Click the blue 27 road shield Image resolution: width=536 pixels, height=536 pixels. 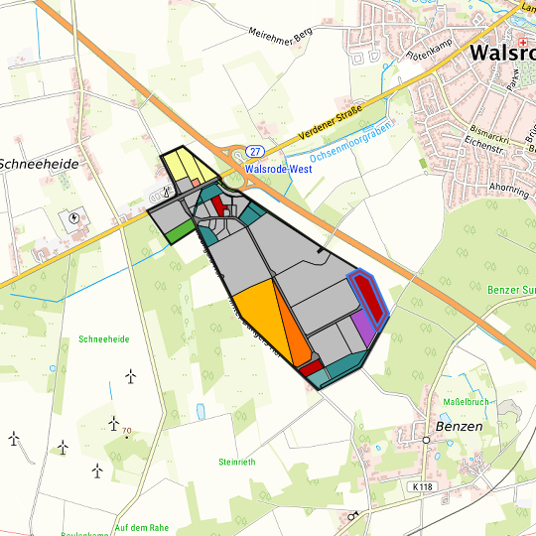[x=256, y=151]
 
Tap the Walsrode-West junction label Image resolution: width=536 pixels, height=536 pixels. [x=278, y=169]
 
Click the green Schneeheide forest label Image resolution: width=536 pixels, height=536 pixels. [x=103, y=339]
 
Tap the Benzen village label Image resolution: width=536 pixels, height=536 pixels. [x=458, y=426]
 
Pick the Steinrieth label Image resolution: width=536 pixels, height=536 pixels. [x=238, y=462]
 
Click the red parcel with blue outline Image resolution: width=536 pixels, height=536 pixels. [x=367, y=295]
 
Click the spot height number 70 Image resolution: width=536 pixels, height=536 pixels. [x=127, y=430]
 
